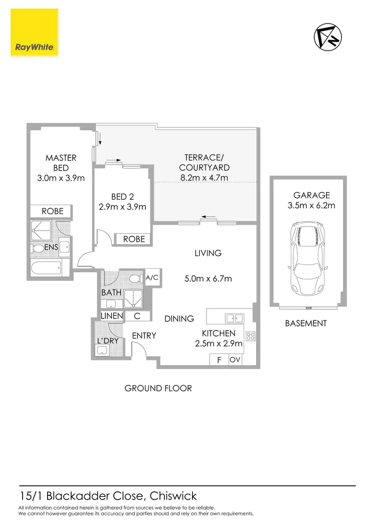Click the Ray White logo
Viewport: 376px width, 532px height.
pos(34,34)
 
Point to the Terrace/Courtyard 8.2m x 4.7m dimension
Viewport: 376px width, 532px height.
pos(204,178)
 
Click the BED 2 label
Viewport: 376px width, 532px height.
pos(122,197)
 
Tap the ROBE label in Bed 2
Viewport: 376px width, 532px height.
pos(134,239)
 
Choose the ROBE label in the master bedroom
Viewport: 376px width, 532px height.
pos(53,211)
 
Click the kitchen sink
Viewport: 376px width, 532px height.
pos(234,318)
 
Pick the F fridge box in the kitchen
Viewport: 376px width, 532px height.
pos(219,360)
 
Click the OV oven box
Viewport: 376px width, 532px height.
pos(235,360)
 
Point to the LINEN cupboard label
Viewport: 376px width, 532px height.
pos(112,316)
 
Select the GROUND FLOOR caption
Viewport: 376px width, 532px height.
pos(158,388)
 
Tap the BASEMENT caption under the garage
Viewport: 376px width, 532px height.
pos(306,323)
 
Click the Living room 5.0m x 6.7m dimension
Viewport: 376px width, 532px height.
pos(208,279)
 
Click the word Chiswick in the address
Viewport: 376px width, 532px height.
pos(173,496)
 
